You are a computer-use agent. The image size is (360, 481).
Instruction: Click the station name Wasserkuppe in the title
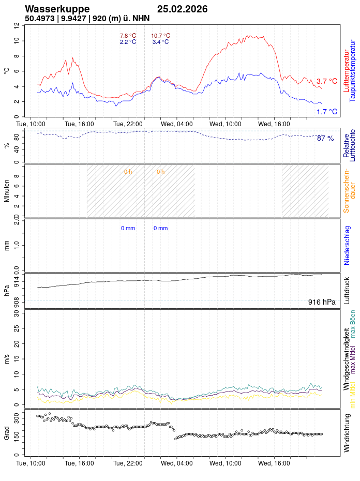tap(57, 9)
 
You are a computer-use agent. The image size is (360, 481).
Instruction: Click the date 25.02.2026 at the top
tap(182, 9)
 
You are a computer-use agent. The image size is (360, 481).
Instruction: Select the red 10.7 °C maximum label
tap(160, 36)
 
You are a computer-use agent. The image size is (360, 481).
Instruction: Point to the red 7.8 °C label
tap(128, 36)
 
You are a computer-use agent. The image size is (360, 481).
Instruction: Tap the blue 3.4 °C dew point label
tap(160, 42)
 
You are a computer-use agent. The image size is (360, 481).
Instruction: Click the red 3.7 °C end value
tap(326, 81)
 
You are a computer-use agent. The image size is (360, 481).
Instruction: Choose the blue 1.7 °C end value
tap(326, 112)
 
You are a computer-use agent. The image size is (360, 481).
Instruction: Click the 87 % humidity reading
tap(325, 139)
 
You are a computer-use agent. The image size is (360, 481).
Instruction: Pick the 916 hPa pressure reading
tap(322, 302)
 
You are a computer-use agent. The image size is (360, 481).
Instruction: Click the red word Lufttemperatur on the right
tap(346, 71)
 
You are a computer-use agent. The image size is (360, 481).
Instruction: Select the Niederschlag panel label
tap(347, 245)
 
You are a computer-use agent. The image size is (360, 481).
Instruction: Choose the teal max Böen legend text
tap(353, 324)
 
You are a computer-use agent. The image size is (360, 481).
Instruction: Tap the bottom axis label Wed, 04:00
tap(176, 464)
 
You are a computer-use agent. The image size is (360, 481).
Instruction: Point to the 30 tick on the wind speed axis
tap(17, 313)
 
